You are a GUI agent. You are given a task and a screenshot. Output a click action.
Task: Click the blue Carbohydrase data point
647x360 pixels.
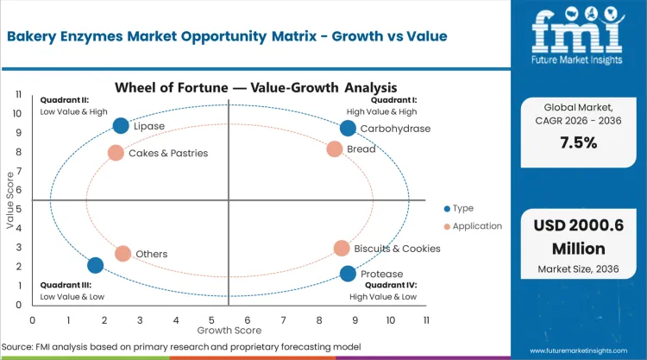[x=348, y=129]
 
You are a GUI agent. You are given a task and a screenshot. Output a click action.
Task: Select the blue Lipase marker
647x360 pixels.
[x=121, y=126]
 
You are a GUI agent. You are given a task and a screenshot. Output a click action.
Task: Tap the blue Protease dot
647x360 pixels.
[x=348, y=274]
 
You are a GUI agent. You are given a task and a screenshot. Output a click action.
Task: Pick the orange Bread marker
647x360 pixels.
[x=335, y=148]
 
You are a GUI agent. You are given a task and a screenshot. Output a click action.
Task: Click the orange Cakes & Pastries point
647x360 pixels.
[x=116, y=153]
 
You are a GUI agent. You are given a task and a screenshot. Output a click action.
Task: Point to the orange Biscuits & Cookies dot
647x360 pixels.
[x=342, y=249]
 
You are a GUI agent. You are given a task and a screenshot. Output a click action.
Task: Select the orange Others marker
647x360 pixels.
[x=122, y=254]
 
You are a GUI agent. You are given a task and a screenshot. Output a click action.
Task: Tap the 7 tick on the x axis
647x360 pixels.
[x=283, y=320]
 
